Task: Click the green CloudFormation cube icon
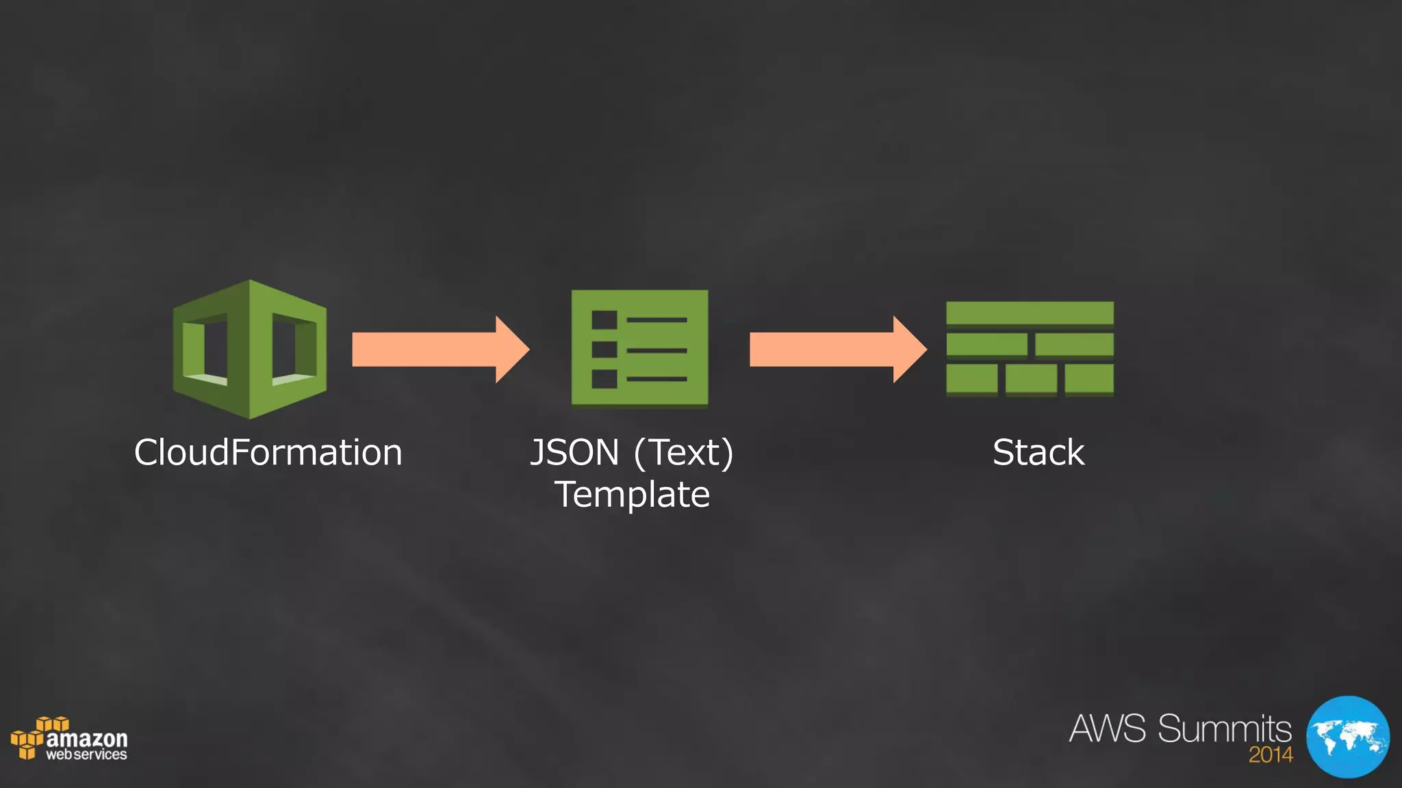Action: click(250, 349)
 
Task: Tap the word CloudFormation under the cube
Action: click(268, 453)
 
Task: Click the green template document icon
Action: click(639, 348)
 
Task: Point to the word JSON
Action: click(575, 453)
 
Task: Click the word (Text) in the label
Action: click(684, 454)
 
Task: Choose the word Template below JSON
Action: click(632, 495)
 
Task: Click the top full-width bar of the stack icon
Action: click(1030, 313)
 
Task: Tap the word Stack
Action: click(1038, 453)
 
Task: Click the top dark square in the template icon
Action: click(604, 320)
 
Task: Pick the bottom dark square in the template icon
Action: click(604, 379)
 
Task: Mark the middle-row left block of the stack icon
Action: click(986, 345)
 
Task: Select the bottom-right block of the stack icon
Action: click(1089, 379)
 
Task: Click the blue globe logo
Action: click(1347, 737)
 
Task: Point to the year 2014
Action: click(1271, 755)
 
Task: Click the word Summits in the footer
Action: click(1225, 728)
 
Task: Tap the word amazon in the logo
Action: click(86, 739)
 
